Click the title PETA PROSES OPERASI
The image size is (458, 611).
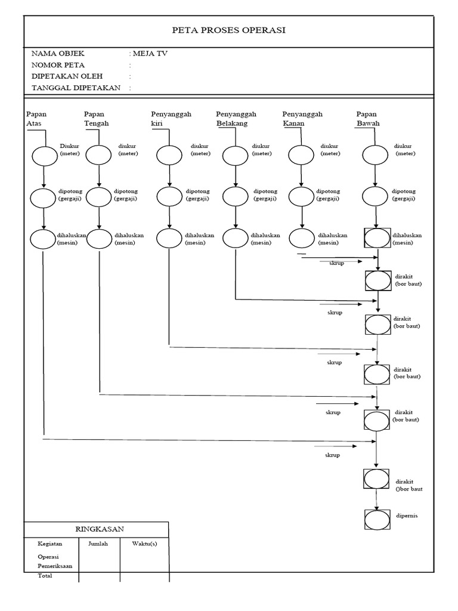229,30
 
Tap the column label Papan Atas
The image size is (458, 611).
36,119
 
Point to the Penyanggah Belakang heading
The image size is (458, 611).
236,119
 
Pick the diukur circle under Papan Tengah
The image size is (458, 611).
98,155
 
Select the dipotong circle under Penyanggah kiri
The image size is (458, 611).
169,198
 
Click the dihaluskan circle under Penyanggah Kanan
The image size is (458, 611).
301,239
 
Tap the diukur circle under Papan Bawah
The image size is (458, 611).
375,155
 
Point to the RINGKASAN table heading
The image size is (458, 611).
96,529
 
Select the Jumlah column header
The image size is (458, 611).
98,544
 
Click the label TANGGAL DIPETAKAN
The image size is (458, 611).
76,88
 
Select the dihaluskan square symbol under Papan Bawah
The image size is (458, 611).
377,239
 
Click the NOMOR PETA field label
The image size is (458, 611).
58,65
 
